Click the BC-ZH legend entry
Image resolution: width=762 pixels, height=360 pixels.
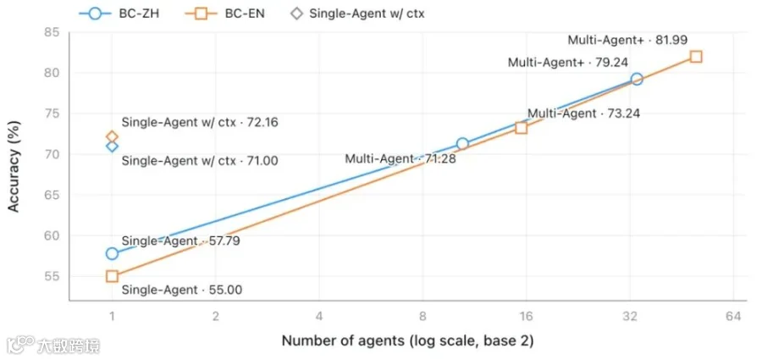(x=119, y=14)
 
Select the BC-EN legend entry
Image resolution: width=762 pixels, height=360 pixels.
(x=225, y=14)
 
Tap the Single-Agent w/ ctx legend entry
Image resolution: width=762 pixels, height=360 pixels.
(x=357, y=14)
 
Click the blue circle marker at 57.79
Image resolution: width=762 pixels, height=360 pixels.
(x=113, y=253)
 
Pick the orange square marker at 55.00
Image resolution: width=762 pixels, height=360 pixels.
(x=113, y=276)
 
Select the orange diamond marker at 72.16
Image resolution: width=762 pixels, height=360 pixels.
(x=113, y=136)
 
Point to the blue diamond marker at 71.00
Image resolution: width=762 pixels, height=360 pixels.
(x=113, y=146)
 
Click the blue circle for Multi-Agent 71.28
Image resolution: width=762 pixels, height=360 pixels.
(x=462, y=143)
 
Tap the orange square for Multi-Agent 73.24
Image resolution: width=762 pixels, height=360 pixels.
(x=522, y=128)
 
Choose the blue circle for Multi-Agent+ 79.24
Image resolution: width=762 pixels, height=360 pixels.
(x=637, y=79)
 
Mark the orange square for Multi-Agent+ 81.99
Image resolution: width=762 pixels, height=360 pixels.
(x=696, y=57)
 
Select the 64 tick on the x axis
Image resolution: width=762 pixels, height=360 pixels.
(x=733, y=317)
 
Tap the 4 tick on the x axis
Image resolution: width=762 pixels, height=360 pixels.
(x=319, y=317)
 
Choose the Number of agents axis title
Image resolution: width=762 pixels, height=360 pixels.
(x=408, y=341)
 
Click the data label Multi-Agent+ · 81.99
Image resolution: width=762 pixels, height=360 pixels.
(x=628, y=40)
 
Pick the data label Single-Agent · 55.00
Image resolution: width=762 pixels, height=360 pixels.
(x=182, y=291)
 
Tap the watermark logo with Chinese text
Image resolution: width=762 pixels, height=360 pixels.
(x=53, y=346)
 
